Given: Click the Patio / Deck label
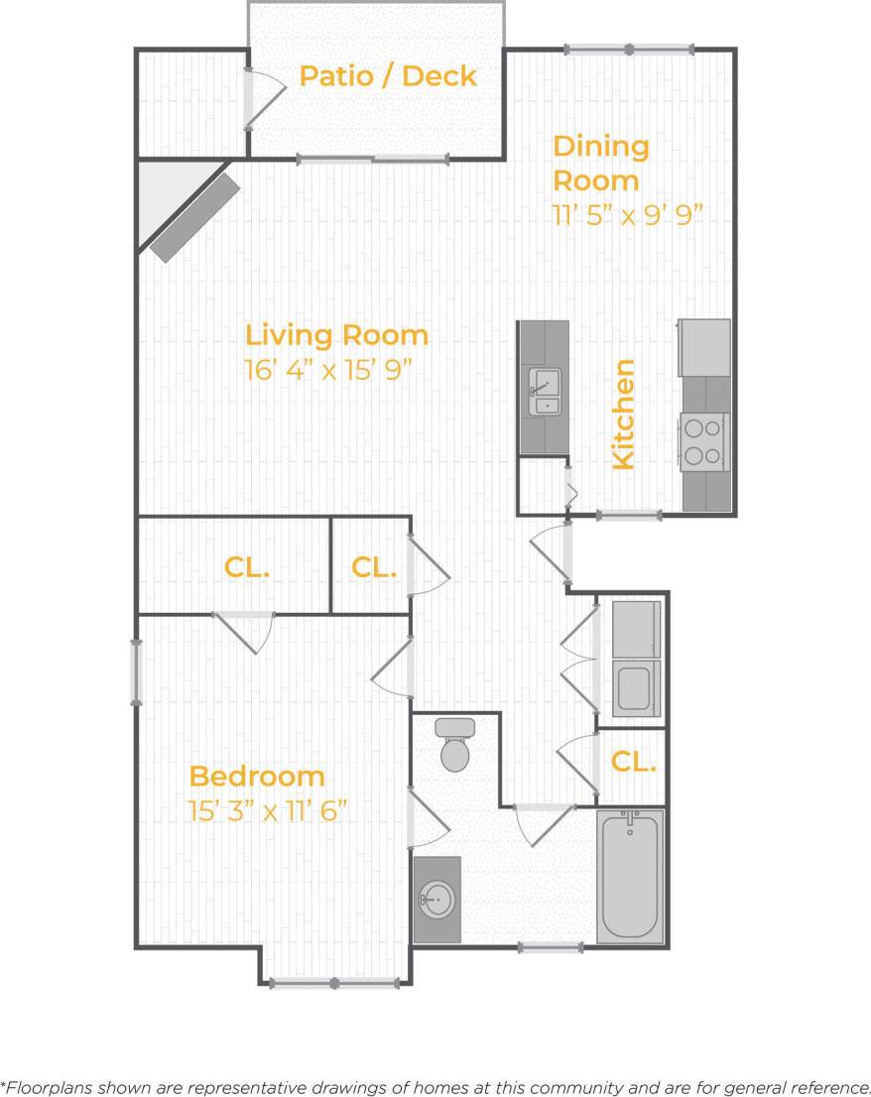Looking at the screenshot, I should click(x=388, y=75).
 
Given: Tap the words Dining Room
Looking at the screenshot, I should click(x=600, y=164).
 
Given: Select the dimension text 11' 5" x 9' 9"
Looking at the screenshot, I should click(x=627, y=215).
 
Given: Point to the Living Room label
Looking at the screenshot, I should click(x=336, y=335).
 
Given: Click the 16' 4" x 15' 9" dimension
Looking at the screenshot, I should click(x=328, y=371).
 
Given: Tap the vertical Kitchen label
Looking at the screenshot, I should click(x=623, y=414).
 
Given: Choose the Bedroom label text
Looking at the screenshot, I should click(x=257, y=776).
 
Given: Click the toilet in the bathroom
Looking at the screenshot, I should click(x=454, y=746).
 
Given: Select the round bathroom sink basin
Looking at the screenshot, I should click(x=437, y=900).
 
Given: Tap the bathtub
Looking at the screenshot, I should click(x=629, y=875).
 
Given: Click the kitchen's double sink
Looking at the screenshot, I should click(x=544, y=391).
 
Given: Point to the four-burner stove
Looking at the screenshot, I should click(x=704, y=442).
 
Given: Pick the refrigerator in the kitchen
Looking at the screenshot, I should click(x=704, y=347).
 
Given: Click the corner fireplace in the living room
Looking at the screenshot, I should click(x=194, y=218).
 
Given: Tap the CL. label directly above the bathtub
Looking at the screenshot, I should click(x=632, y=762).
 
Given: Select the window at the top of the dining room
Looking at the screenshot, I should click(x=629, y=49).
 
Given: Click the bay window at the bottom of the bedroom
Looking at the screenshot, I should click(x=335, y=983).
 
